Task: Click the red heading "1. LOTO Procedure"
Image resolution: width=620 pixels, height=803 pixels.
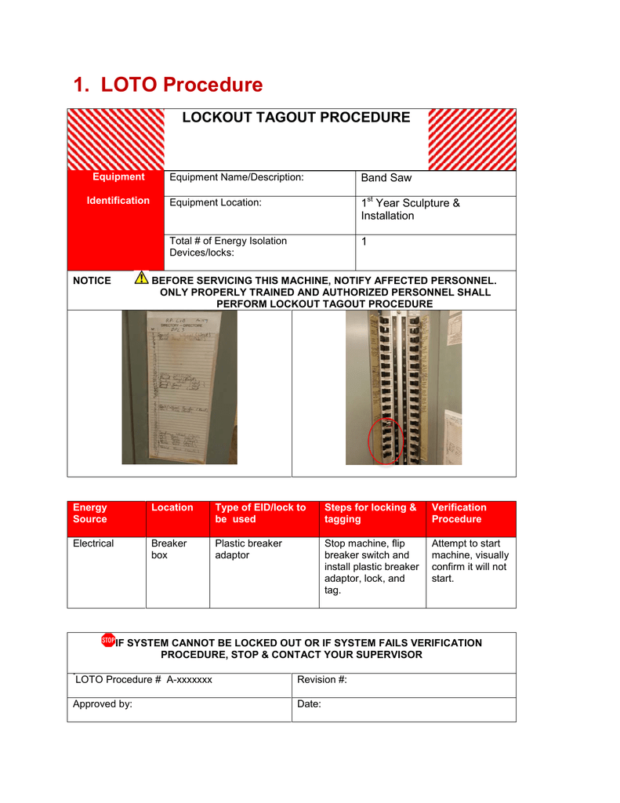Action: [x=168, y=85]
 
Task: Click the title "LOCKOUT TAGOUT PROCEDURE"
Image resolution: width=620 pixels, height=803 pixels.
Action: [x=295, y=118]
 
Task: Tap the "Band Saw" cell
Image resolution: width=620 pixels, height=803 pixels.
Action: [x=386, y=178]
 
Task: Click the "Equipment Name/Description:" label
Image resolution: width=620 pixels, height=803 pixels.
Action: [x=236, y=177]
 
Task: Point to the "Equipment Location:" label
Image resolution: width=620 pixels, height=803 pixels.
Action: [x=215, y=202]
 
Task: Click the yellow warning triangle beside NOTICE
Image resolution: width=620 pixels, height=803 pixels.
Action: [x=141, y=278]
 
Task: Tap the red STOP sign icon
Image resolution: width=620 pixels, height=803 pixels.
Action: [x=108, y=641]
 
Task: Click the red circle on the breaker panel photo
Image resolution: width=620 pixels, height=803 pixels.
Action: [x=385, y=441]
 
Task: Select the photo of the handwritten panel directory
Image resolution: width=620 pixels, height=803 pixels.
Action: [x=179, y=387]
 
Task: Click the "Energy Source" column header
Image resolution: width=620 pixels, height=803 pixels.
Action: [x=90, y=514]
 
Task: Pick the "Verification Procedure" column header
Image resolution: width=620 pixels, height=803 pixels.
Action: [x=459, y=514]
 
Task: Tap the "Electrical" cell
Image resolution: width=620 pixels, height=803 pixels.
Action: [x=93, y=543]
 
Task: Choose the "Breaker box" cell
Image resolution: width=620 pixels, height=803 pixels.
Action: [x=169, y=549]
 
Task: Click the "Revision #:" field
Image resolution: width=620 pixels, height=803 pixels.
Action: [x=322, y=680]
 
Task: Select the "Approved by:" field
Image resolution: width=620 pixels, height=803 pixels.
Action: [x=102, y=704]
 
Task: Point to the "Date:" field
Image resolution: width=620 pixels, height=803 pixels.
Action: [x=310, y=704]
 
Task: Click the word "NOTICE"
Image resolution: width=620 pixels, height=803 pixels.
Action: [x=92, y=281]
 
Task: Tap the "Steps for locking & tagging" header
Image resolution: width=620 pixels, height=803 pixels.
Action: [x=370, y=514]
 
